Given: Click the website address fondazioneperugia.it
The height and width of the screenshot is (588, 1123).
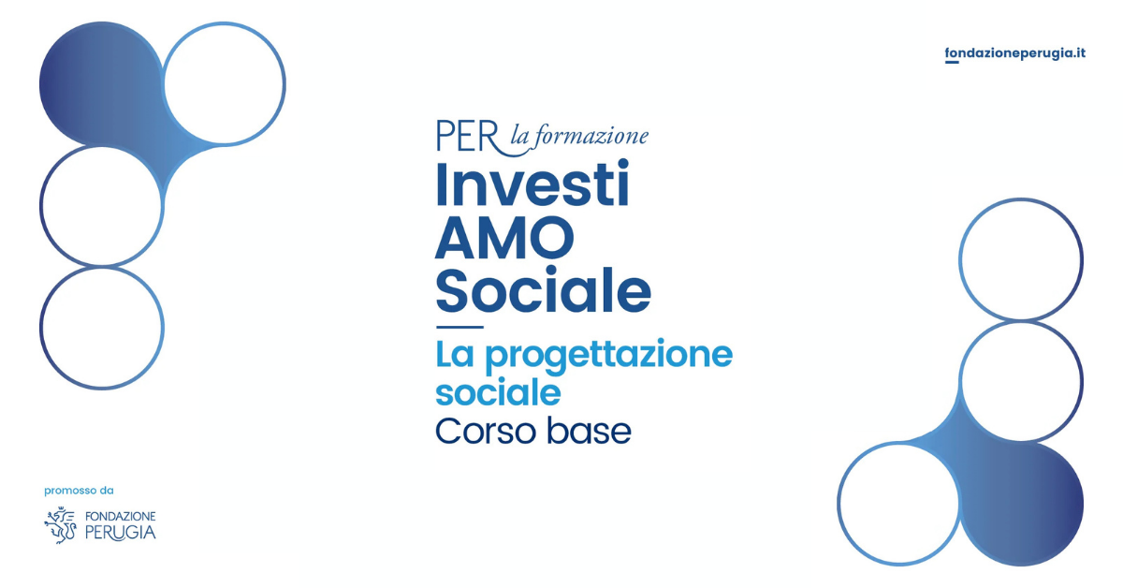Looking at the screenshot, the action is (x=1014, y=53).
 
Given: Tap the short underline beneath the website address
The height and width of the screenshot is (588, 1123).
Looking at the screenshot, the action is (x=952, y=62).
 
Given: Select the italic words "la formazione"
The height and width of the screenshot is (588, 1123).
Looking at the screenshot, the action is (x=579, y=136).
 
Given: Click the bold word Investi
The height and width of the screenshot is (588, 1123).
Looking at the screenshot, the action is (x=532, y=184).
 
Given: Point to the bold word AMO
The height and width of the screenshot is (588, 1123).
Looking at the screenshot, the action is (x=504, y=238).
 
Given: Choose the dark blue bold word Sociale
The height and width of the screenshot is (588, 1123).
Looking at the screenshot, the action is (x=544, y=290).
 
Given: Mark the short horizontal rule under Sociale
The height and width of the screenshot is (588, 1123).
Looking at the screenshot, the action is (x=459, y=327).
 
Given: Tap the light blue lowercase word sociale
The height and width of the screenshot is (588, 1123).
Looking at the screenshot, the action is (x=498, y=392).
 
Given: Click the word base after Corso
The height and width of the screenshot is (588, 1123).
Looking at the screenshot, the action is (x=589, y=431).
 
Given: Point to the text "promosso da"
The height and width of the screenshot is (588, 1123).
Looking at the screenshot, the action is (x=79, y=491).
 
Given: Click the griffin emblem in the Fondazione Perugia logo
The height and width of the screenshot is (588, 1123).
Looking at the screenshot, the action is (x=60, y=524).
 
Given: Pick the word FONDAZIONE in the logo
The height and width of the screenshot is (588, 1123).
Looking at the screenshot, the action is (x=121, y=516).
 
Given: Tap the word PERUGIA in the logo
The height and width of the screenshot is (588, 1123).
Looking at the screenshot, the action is (x=121, y=533).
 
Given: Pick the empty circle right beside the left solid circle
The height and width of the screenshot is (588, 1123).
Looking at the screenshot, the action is (x=285, y=83).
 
